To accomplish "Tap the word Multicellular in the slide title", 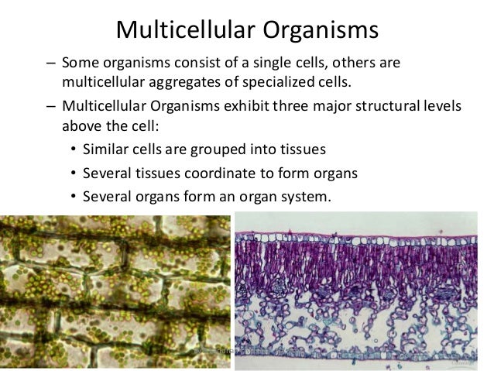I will (183, 30).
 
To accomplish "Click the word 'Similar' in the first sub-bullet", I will (105, 149).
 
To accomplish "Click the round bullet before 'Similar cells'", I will (74, 149).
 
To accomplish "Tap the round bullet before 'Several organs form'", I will (74, 197).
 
